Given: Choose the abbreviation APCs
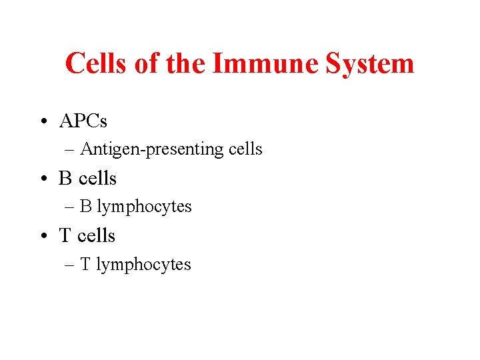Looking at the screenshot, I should tap(83, 121).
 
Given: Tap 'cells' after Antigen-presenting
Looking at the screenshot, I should tap(245, 149).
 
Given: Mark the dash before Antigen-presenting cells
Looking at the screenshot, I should tap(71, 150).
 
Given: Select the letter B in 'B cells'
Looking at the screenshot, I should tap(65, 179).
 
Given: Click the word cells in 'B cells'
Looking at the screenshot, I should tap(97, 179).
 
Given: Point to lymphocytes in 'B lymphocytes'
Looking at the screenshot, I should tap(144, 207).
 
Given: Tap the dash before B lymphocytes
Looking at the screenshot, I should tap(71, 207).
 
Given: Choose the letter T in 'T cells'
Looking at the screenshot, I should tap(65, 236).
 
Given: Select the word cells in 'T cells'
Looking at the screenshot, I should tap(97, 236).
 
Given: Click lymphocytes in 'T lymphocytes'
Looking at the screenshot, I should tap(143, 265).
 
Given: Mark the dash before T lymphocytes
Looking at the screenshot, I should tap(71, 265).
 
